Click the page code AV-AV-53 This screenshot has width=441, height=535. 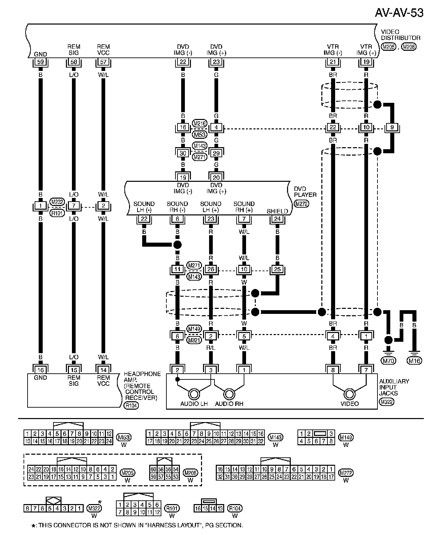click(399, 12)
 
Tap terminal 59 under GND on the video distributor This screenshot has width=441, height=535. click(40, 62)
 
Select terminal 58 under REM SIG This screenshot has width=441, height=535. click(74, 62)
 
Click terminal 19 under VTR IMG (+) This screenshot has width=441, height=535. click(366, 62)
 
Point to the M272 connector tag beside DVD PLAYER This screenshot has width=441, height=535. click(301, 204)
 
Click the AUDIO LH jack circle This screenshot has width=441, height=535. click(194, 394)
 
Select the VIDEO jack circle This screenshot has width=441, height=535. click(350, 394)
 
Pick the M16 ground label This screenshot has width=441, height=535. click(414, 361)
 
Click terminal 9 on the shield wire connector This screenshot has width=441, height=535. click(392, 127)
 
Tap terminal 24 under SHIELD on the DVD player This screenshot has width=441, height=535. click(277, 219)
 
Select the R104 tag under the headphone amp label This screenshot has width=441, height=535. click(131, 406)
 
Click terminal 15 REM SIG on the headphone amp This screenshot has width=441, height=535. click(74, 370)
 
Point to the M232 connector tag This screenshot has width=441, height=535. click(57, 202)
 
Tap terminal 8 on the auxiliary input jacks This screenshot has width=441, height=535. click(333, 370)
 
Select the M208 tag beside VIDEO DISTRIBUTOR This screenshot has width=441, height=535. click(409, 47)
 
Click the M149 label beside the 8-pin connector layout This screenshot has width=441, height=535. click(346, 437)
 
